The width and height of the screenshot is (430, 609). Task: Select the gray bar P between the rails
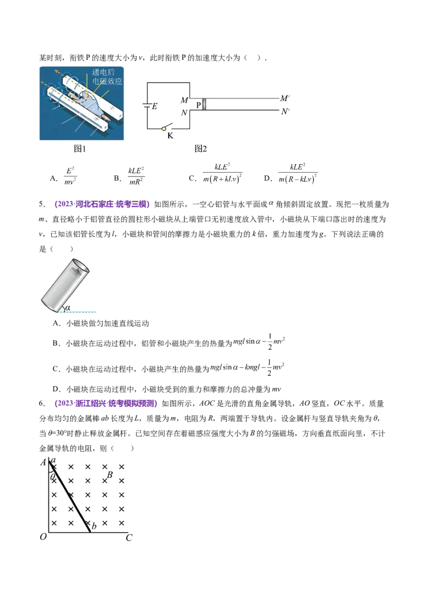point(204,105)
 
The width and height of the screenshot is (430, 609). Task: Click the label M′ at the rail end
point(285,98)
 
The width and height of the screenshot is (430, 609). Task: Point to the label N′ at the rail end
point(285,112)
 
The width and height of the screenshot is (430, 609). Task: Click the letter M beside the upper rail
point(184,101)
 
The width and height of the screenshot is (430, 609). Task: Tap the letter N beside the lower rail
point(184,112)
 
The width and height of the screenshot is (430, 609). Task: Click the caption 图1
point(80,148)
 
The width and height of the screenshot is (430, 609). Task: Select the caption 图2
point(200,148)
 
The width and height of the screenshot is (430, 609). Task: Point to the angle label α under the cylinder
point(67,308)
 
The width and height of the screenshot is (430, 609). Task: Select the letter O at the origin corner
point(43,537)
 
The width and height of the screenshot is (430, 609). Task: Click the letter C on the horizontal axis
point(129,537)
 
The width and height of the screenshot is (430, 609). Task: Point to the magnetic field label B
point(110,475)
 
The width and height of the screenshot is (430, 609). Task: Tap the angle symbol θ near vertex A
point(53,477)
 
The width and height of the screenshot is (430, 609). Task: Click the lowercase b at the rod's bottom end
point(94,526)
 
